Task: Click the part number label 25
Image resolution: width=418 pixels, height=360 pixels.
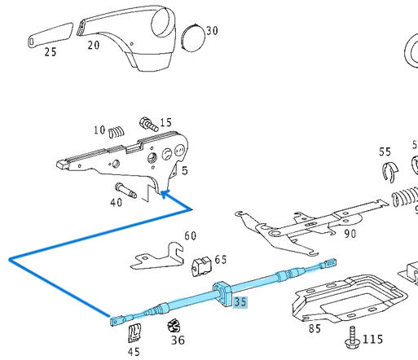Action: (x=51, y=52)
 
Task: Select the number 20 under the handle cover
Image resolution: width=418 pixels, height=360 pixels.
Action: (x=94, y=46)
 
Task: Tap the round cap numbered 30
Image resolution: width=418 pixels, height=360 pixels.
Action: (x=192, y=37)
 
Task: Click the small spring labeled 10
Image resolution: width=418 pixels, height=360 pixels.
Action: (x=118, y=130)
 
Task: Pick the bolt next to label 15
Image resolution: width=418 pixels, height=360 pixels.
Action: (x=148, y=125)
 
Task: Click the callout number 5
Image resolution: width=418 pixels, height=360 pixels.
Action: (x=185, y=171)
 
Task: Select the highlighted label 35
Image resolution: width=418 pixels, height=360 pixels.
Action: (x=240, y=302)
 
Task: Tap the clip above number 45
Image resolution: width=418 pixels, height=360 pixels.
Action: (x=134, y=332)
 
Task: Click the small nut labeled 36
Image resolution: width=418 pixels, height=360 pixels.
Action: (x=173, y=327)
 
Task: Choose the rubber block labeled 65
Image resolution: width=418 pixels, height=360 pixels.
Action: (x=200, y=266)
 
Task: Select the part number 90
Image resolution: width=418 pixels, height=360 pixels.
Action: (x=350, y=234)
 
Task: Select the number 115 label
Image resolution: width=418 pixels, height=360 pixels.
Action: (x=372, y=339)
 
